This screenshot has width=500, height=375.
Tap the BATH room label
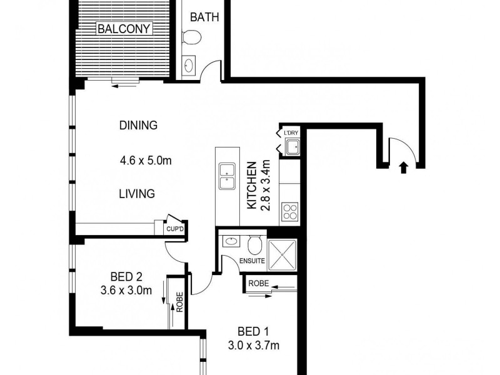point(204,17)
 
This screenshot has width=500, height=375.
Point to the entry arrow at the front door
point(403,167)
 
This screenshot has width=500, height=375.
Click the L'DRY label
point(291,133)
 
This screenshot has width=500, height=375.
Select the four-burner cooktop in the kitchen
point(290,211)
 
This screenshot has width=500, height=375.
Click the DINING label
point(137,125)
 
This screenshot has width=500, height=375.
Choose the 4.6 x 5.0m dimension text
point(146,161)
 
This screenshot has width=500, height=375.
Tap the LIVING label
point(137,194)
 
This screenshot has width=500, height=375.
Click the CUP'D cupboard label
point(174,229)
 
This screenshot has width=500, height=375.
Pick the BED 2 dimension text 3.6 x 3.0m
point(127,290)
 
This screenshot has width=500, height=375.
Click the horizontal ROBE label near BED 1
point(258,283)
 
